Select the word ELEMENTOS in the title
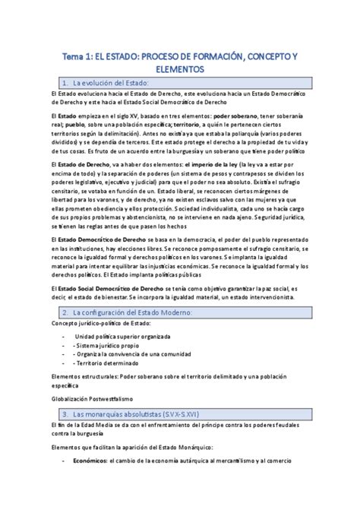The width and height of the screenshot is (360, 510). (179, 68)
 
